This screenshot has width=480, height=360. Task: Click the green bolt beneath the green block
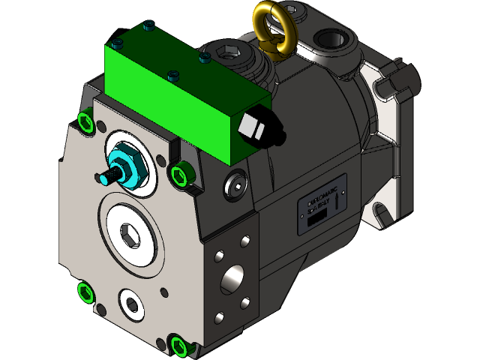[x=180, y=175]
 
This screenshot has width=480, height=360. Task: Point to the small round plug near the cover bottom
[x=133, y=303]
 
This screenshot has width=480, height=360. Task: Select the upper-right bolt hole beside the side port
[x=245, y=243]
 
